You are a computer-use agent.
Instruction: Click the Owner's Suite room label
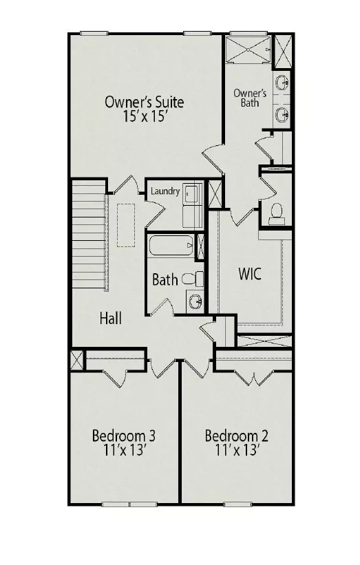pos(144,102)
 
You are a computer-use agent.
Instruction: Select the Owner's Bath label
pos(250,98)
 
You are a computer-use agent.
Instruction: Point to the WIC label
pos(250,274)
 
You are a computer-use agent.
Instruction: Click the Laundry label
pos(165,191)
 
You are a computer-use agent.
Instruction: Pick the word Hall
pos(111,318)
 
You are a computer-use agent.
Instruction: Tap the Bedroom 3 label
pos(124,436)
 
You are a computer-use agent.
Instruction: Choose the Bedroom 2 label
pos(236,436)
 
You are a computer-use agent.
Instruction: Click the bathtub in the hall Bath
pos(171,246)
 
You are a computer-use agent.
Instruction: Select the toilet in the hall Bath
pos(193,279)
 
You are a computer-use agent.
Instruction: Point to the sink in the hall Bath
pos(195,301)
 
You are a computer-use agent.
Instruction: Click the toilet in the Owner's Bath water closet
pos(277,211)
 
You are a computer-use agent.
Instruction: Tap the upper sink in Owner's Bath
pos(282,83)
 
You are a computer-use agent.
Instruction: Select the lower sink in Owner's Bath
pos(282,115)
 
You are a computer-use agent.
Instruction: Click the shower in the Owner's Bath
pos(248,49)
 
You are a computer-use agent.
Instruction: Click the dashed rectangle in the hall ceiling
pos(126,225)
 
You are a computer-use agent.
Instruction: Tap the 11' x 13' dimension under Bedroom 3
pos(125,449)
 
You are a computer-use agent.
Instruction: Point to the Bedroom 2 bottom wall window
pos(237,504)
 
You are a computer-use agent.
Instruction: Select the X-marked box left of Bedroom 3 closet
pos(77,360)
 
